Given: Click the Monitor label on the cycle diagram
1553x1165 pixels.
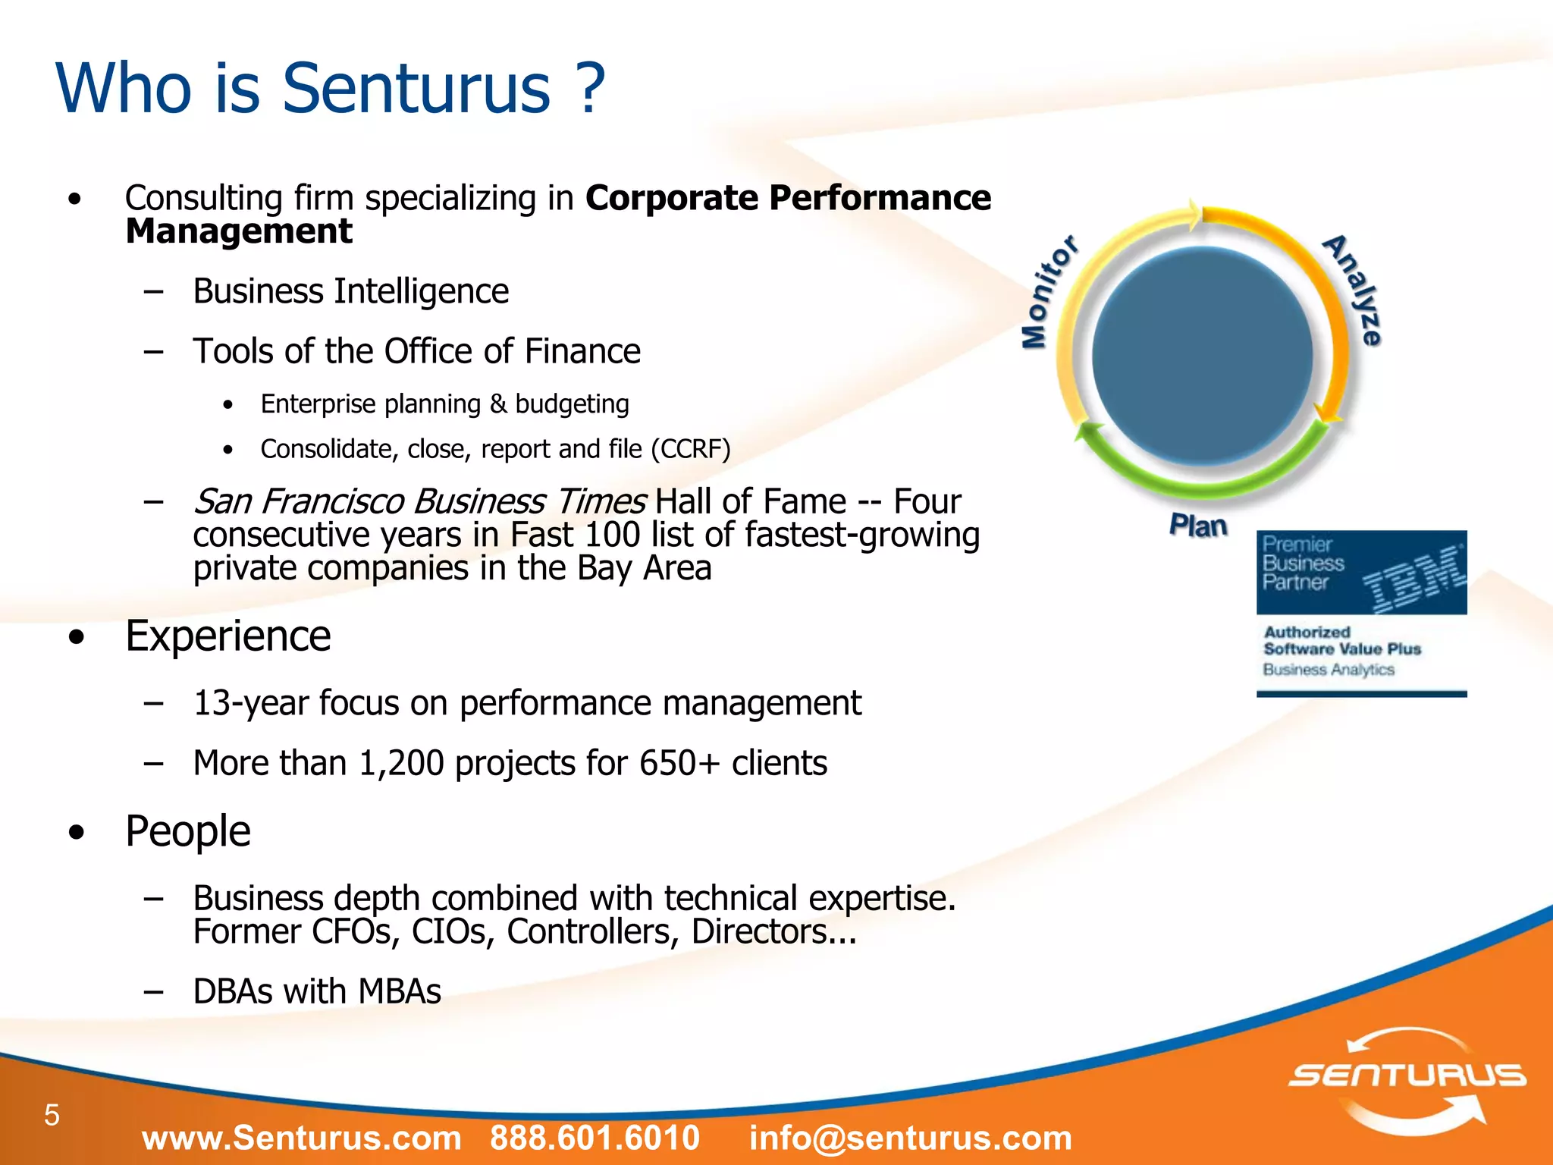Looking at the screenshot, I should tap(1048, 292).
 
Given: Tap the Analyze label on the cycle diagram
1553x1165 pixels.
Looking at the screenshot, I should tap(1354, 290).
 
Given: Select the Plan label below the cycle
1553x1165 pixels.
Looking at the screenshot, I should tap(1197, 526).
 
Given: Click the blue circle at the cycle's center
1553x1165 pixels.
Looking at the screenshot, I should tap(1202, 356).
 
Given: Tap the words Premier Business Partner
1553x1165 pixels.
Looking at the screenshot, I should tap(1303, 564).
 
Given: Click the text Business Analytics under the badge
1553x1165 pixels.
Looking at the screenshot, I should tap(1328, 670).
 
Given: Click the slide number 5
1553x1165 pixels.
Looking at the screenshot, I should tap(52, 1115).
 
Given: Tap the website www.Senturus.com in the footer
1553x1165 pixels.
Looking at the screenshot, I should tap(302, 1138).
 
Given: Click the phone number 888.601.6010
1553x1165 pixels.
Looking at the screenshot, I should tap(595, 1138).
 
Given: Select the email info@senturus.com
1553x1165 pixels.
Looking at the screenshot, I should tap(911, 1138).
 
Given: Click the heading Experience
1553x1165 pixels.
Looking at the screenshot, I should tap(227, 636).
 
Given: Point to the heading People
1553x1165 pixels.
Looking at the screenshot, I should tap(187, 831).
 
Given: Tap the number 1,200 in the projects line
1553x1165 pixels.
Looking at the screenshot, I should tap(401, 763).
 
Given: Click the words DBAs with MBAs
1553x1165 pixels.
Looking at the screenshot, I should tap(317, 991).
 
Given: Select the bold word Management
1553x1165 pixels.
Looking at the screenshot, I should tap(239, 231).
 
